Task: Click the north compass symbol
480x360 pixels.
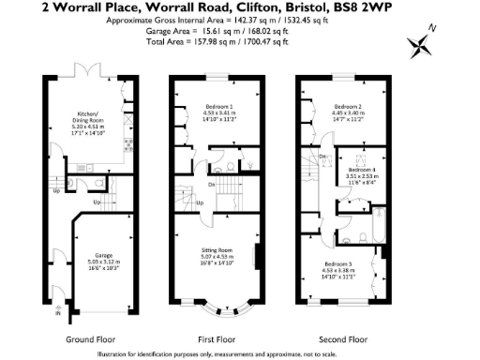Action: click(x=420, y=44)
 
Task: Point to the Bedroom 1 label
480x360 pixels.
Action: click(x=219, y=107)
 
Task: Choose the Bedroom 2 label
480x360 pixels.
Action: click(x=349, y=107)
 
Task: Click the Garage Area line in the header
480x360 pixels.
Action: click(x=239, y=30)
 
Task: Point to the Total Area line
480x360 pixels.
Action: click(x=239, y=40)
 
